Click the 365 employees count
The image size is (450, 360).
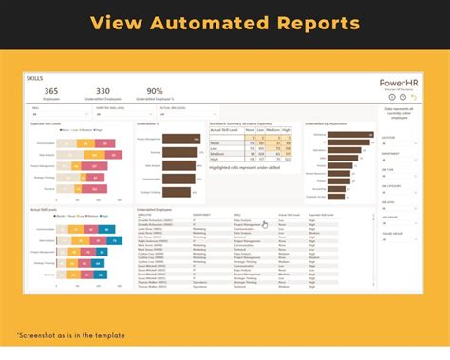[51, 92]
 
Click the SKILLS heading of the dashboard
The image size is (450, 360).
[35, 78]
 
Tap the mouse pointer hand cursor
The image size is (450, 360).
[265, 225]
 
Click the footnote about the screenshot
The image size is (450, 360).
[63, 335]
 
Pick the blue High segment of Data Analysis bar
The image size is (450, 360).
[106, 240]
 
